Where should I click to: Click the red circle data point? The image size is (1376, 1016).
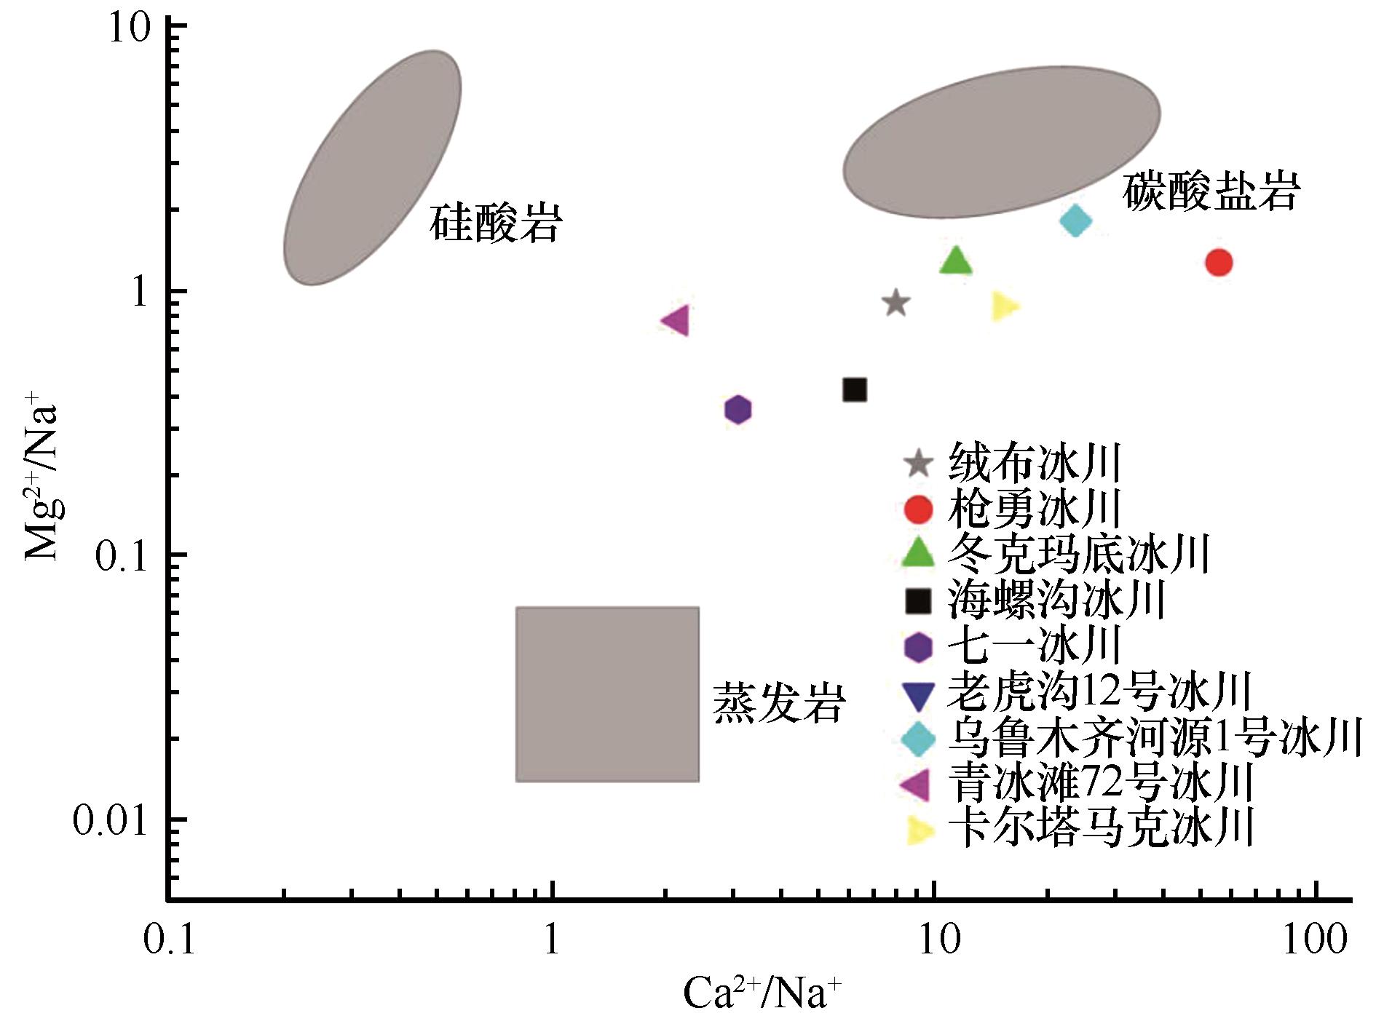pos(1218,262)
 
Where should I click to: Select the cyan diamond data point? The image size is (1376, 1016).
pos(1075,220)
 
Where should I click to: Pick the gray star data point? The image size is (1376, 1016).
pos(896,303)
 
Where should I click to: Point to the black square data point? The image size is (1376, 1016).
pos(855,390)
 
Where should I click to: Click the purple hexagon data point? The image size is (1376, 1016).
pos(738,410)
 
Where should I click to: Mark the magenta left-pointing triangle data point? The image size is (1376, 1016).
pos(676,320)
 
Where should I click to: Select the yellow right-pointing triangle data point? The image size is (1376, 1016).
pos(1004,306)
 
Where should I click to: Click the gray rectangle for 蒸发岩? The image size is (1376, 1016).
pos(607,694)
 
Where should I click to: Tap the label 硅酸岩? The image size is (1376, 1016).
pos(496,223)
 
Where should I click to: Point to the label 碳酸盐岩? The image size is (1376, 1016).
pos(1211,192)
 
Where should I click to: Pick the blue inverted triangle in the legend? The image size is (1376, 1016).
pos(917,695)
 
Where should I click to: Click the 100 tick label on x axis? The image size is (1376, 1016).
pos(1315,940)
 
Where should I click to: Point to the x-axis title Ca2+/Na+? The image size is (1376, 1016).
pos(762,993)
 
